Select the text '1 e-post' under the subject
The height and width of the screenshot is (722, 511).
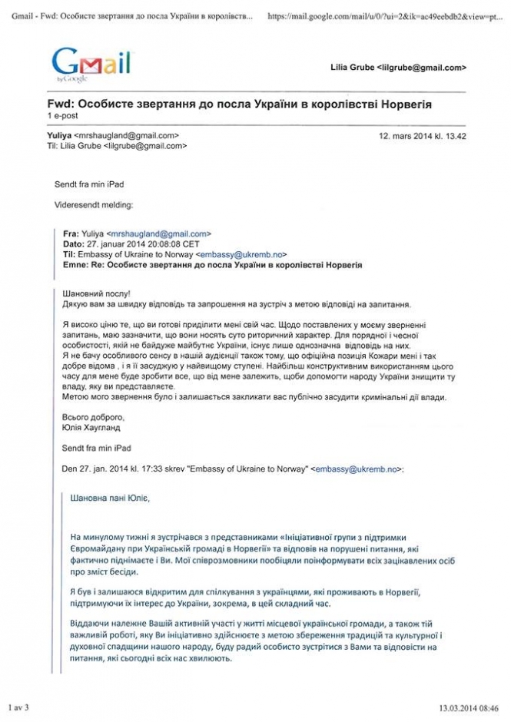point(63,115)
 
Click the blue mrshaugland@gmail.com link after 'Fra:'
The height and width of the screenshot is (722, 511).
point(158,233)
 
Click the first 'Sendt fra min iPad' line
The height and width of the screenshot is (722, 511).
point(89,184)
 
